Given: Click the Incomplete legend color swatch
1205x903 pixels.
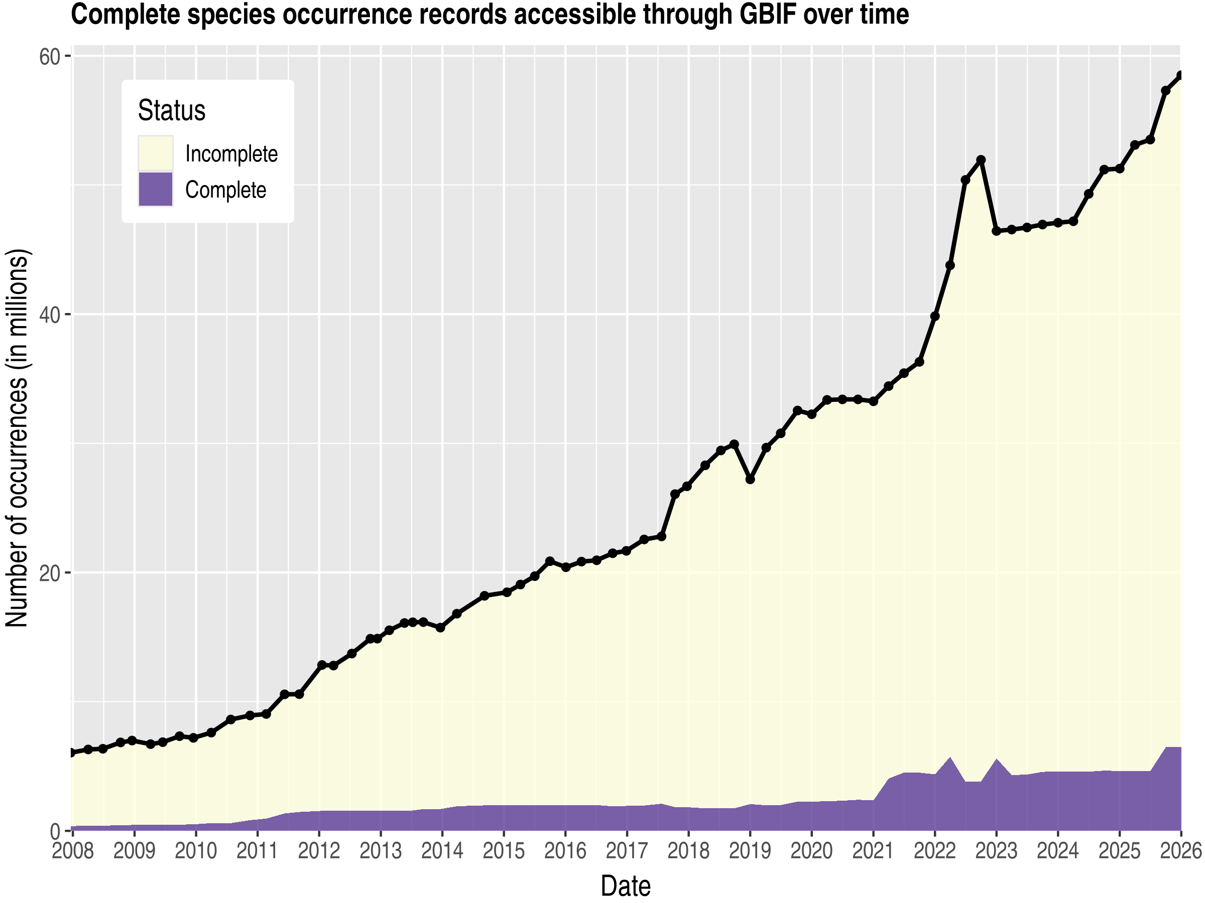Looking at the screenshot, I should click(155, 153).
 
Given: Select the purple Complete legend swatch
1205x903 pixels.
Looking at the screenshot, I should click(155, 190).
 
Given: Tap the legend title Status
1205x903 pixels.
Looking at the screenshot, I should click(172, 110).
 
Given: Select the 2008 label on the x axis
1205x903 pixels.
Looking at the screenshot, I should click(72, 851).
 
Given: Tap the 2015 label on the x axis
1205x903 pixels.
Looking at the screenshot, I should click(504, 851).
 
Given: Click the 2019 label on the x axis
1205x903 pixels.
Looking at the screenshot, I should click(750, 851).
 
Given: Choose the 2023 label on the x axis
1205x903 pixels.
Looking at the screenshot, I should click(996, 851).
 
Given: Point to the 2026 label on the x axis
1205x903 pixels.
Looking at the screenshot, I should click(1180, 851).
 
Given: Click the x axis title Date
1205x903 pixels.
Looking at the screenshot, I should click(626, 885).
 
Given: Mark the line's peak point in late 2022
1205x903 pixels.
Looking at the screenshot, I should click(981, 160).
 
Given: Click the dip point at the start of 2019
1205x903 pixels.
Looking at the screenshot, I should click(750, 480).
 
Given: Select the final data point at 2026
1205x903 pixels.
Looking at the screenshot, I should click(1180, 76).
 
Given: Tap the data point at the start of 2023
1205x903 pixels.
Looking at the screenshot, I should click(996, 231).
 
